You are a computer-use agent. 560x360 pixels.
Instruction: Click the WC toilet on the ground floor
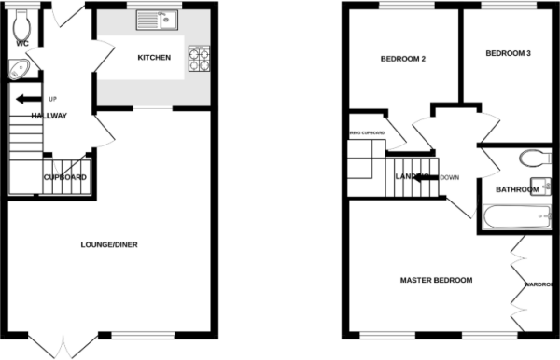pyautogui.click(x=24, y=26)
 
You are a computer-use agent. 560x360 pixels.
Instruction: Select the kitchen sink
pyautogui.click(x=159, y=19)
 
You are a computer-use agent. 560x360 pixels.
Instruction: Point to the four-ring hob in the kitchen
pyautogui.click(x=199, y=59)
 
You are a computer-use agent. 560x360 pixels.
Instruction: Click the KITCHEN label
pyautogui.click(x=154, y=58)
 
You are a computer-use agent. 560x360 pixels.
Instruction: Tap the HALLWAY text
pyautogui.click(x=49, y=116)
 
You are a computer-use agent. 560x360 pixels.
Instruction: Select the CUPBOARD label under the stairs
pyautogui.click(x=66, y=177)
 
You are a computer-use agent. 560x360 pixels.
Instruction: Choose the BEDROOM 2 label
pyautogui.click(x=402, y=60)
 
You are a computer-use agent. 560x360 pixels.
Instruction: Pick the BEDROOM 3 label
pyautogui.click(x=508, y=54)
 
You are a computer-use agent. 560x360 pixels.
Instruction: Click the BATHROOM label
pyautogui.click(x=517, y=190)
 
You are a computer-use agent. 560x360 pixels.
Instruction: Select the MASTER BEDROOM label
pyautogui.click(x=436, y=280)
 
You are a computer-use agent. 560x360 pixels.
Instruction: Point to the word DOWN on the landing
pyautogui.click(x=449, y=177)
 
